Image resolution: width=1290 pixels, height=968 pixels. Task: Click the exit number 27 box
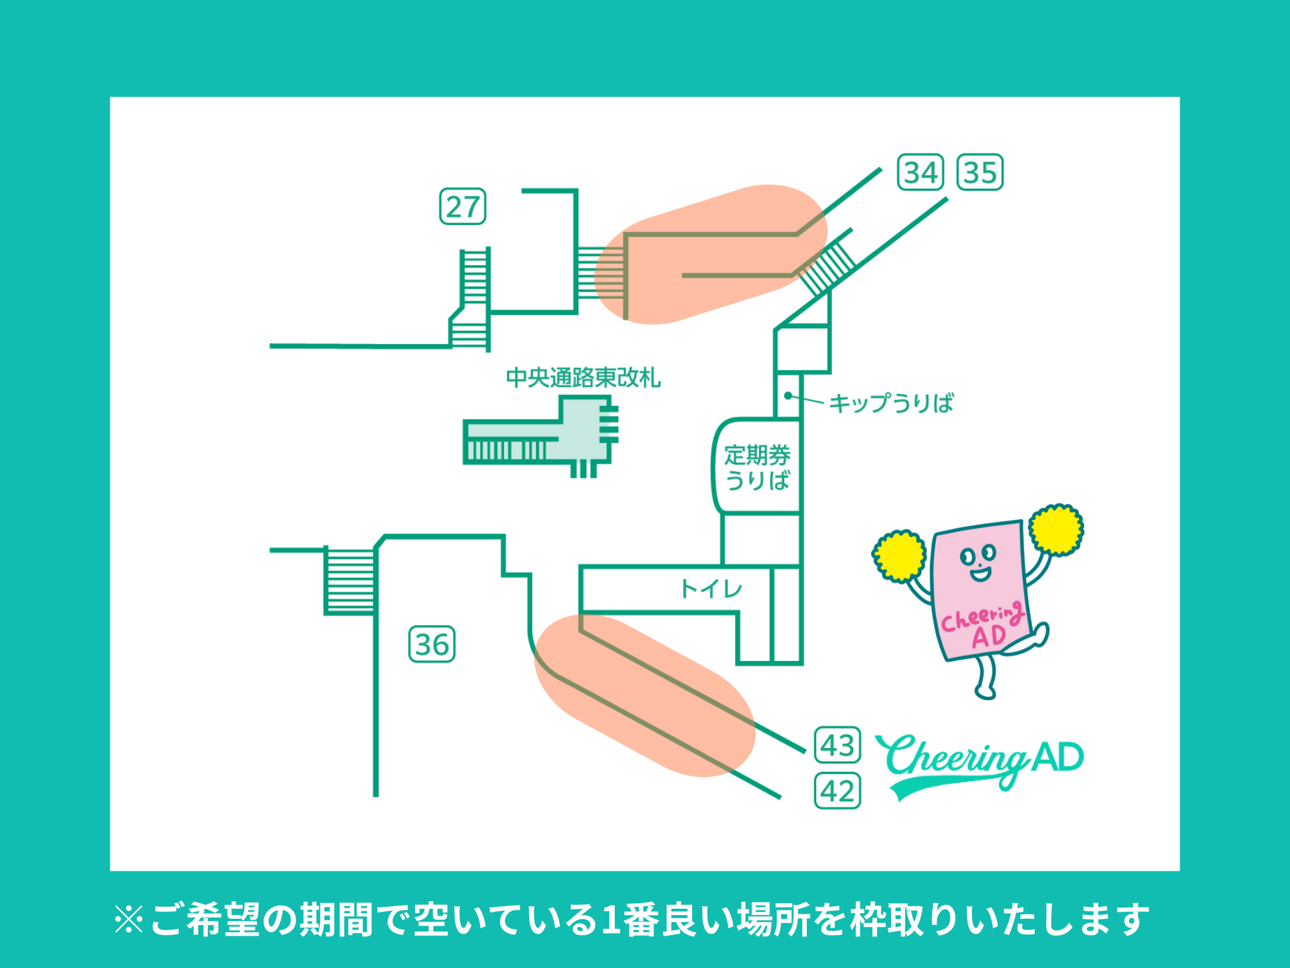(x=463, y=207)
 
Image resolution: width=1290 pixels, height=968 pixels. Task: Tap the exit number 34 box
(x=920, y=172)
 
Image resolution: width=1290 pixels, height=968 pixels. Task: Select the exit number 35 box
(x=980, y=172)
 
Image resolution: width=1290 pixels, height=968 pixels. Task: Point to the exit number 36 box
(x=432, y=644)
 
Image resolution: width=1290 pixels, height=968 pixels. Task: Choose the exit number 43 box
(x=837, y=745)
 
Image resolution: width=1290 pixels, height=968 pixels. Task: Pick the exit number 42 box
(x=837, y=791)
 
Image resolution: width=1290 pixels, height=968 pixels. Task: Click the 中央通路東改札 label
(x=583, y=378)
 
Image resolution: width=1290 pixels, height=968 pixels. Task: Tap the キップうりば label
(x=891, y=403)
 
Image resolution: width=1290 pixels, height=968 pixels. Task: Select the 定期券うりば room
(x=757, y=467)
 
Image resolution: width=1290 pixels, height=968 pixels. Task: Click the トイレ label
(x=711, y=589)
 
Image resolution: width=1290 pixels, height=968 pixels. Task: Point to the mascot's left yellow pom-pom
(x=899, y=556)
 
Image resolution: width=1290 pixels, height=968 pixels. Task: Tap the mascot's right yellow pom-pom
(x=1056, y=529)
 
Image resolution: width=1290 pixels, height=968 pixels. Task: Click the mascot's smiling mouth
(x=980, y=573)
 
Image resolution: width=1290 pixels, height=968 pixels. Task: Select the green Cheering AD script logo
(x=980, y=762)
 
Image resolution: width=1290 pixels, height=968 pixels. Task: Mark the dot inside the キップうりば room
(x=788, y=396)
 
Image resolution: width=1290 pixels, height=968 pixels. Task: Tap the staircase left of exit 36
(x=350, y=581)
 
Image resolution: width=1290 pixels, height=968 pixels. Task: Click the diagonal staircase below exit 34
(x=827, y=267)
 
